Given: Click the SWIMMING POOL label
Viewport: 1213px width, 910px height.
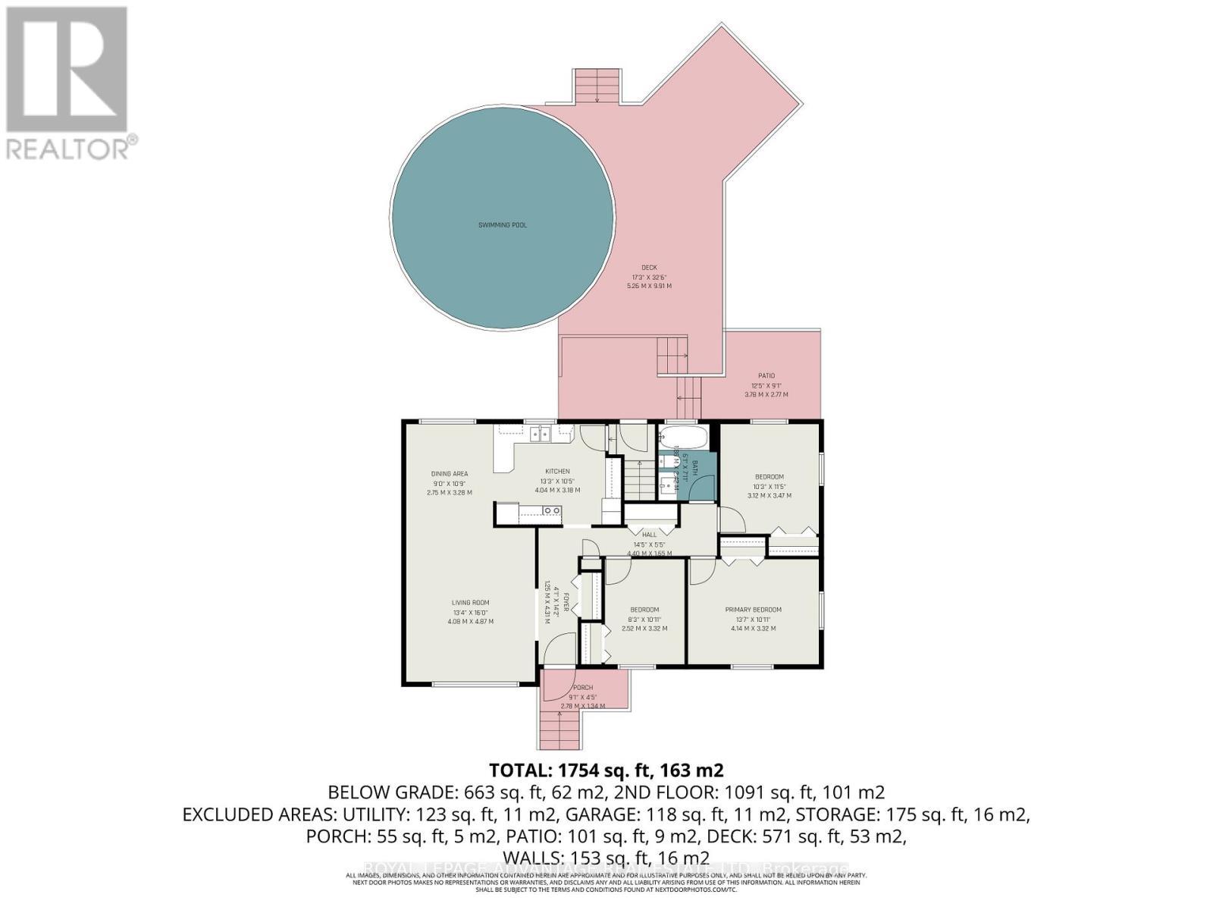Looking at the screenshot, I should [503, 225].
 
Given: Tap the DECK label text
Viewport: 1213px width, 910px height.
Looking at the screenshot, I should [649, 267].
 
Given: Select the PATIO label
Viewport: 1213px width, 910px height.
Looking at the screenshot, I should [766, 375].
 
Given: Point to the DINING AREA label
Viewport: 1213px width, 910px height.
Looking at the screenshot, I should [450, 474].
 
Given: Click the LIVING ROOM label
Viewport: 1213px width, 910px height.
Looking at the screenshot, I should [470, 603].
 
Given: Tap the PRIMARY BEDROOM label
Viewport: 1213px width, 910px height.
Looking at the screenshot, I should [753, 610].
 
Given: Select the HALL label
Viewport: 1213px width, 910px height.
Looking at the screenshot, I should [649, 535].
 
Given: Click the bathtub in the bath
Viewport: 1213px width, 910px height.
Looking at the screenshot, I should [683, 438].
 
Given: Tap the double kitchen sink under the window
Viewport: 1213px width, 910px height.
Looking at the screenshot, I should [541, 434].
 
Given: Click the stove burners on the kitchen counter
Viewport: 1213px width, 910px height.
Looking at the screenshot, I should [551, 511].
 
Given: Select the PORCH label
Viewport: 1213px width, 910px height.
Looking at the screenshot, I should [582, 688].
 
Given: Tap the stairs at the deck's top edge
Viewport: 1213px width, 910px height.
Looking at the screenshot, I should [597, 86].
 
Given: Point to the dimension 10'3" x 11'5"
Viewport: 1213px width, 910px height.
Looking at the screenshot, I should [769, 486].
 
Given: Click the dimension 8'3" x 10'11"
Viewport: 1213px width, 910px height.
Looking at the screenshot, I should [644, 619].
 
